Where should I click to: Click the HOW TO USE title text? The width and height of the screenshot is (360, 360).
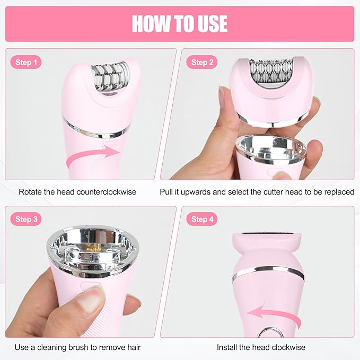(180, 24)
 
